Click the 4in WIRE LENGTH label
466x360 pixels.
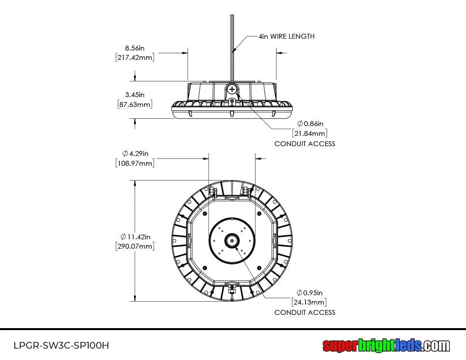pyautogui.click(x=287, y=36)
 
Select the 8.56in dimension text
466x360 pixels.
pyautogui.click(x=135, y=48)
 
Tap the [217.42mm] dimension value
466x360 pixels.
pyautogui.click(x=135, y=57)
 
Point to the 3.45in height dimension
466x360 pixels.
pyautogui.click(x=135, y=94)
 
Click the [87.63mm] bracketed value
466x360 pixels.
pyautogui.click(x=135, y=104)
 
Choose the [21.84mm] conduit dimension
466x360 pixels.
pyautogui.click(x=310, y=133)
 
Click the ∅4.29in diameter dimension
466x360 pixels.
pyautogui.click(x=135, y=153)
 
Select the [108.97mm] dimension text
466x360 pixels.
pyautogui.click(x=135, y=163)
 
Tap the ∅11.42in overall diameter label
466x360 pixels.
pyautogui.click(x=135, y=236)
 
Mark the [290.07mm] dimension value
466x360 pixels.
pyautogui.click(x=135, y=246)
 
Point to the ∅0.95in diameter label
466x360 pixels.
pyautogui.click(x=310, y=292)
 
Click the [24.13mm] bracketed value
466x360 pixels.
pyautogui.click(x=309, y=302)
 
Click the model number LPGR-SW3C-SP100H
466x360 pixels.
pyautogui.click(x=61, y=345)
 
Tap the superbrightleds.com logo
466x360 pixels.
pyautogui.click(x=386, y=345)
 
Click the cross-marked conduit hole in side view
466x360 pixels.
pyautogui.click(x=232, y=89)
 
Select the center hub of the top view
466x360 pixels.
pyautogui.click(x=232, y=240)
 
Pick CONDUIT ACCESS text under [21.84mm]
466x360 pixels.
pyautogui.click(x=305, y=144)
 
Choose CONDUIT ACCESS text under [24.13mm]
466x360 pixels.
pyautogui.click(x=305, y=312)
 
